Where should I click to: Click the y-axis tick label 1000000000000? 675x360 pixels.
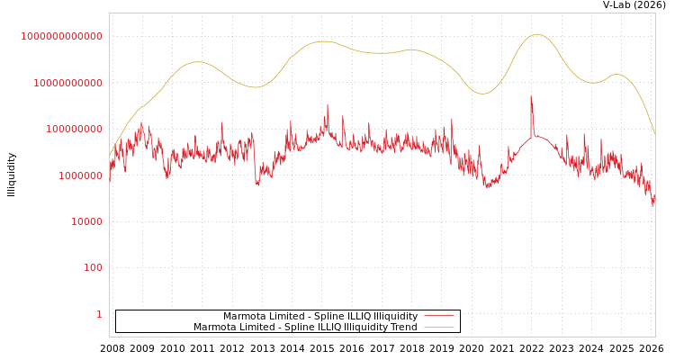tap(61, 36)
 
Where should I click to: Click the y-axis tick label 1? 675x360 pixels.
tap(99, 314)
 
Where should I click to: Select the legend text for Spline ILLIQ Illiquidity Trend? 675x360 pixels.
tap(305, 328)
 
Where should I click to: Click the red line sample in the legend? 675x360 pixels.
tap(438, 317)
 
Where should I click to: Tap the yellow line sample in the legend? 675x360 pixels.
tap(438, 328)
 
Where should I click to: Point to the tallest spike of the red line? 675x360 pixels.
tap(531, 97)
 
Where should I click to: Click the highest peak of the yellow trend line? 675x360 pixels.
tap(537, 34)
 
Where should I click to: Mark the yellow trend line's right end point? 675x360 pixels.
tap(654, 135)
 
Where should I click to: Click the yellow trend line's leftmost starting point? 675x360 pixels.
tap(110, 155)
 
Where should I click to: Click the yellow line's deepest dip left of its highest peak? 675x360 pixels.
tap(483, 94)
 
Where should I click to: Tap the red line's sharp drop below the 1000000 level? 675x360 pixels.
tap(257, 184)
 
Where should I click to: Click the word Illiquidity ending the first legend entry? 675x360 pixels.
tap(395, 317)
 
